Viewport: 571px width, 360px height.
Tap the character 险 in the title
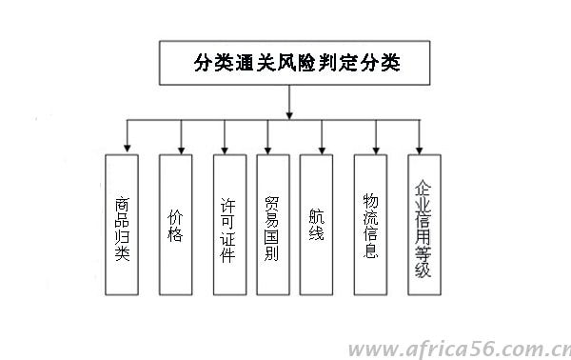pyautogui.click(x=311, y=65)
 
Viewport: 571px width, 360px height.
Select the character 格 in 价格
pyautogui.click(x=175, y=233)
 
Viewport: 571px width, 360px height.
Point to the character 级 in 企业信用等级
pyautogui.click(x=423, y=270)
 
